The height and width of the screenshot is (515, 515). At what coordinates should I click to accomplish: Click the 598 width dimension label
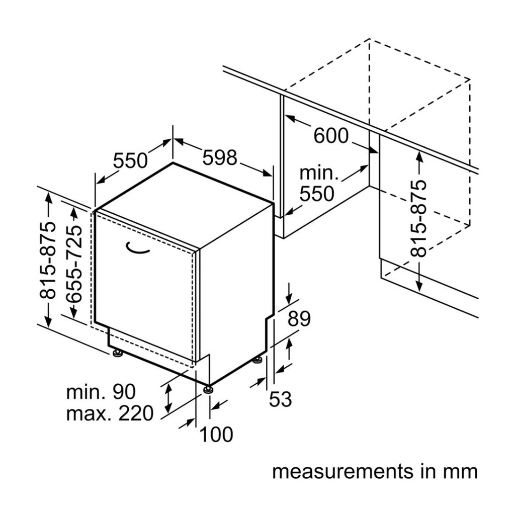(220, 158)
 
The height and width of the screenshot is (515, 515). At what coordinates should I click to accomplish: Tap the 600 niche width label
(330, 135)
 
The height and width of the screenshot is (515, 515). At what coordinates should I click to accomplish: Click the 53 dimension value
(280, 399)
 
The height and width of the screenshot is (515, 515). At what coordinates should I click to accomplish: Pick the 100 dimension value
(217, 435)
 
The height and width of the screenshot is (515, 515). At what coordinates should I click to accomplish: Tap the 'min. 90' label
(101, 391)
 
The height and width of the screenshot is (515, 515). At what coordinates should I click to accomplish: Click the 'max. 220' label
(109, 413)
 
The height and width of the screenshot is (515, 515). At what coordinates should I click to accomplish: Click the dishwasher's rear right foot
(258, 359)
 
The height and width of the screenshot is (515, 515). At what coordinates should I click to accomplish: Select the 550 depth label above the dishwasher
(130, 160)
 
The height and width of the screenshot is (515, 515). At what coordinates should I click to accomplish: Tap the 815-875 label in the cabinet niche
(418, 218)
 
